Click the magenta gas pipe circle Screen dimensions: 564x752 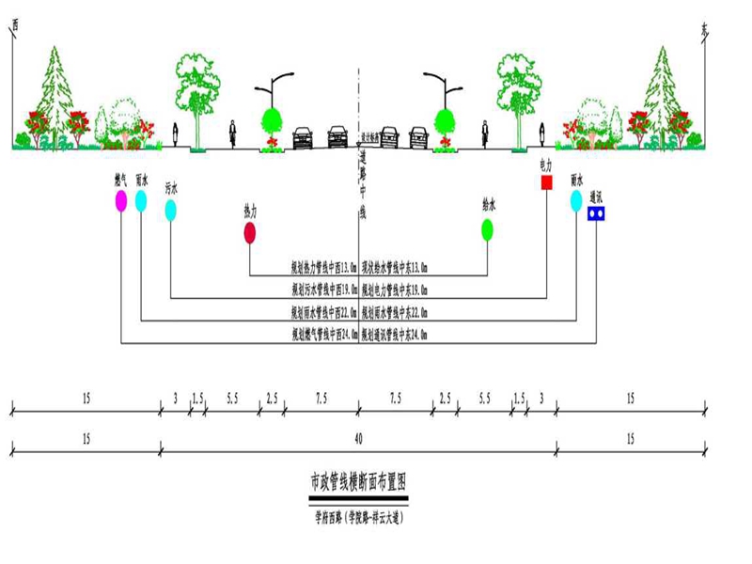coord(121,200)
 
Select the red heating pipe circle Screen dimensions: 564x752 coord(250,233)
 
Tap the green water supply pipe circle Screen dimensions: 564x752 coord(487,228)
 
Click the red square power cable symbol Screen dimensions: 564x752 coord(546,182)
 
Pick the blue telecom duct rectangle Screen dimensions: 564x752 coord(595,213)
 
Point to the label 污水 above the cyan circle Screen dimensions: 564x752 coord(171,187)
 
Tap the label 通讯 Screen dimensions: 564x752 coord(595,197)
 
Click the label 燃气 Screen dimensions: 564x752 coord(121,179)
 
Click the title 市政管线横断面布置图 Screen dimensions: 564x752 coord(357,483)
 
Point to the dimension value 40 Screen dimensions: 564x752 coord(357,439)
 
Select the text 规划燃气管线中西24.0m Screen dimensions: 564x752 coord(322,335)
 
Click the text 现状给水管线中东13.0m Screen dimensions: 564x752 coord(395,267)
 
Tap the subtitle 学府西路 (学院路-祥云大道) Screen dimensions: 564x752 coord(357,514)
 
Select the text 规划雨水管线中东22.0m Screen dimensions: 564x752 coord(395,312)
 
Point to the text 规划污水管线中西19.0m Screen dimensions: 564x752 coord(322,290)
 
